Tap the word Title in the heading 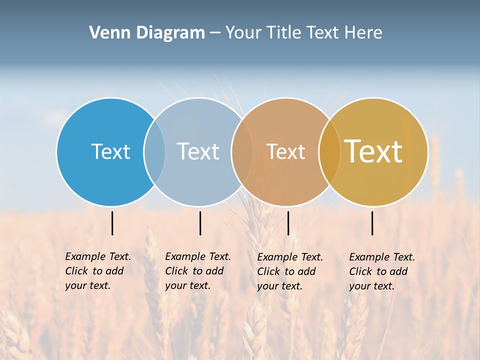point(285,33)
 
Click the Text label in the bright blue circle point(110,151)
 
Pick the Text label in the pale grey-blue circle point(198,151)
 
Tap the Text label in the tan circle point(285,151)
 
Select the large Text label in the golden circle point(373,151)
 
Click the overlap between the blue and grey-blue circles point(154,151)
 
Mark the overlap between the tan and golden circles point(329,151)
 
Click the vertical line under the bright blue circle point(112,223)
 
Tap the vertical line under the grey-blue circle point(200,223)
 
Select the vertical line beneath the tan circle point(288,223)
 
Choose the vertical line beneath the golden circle point(372,223)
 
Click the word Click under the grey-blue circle point(176,271)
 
